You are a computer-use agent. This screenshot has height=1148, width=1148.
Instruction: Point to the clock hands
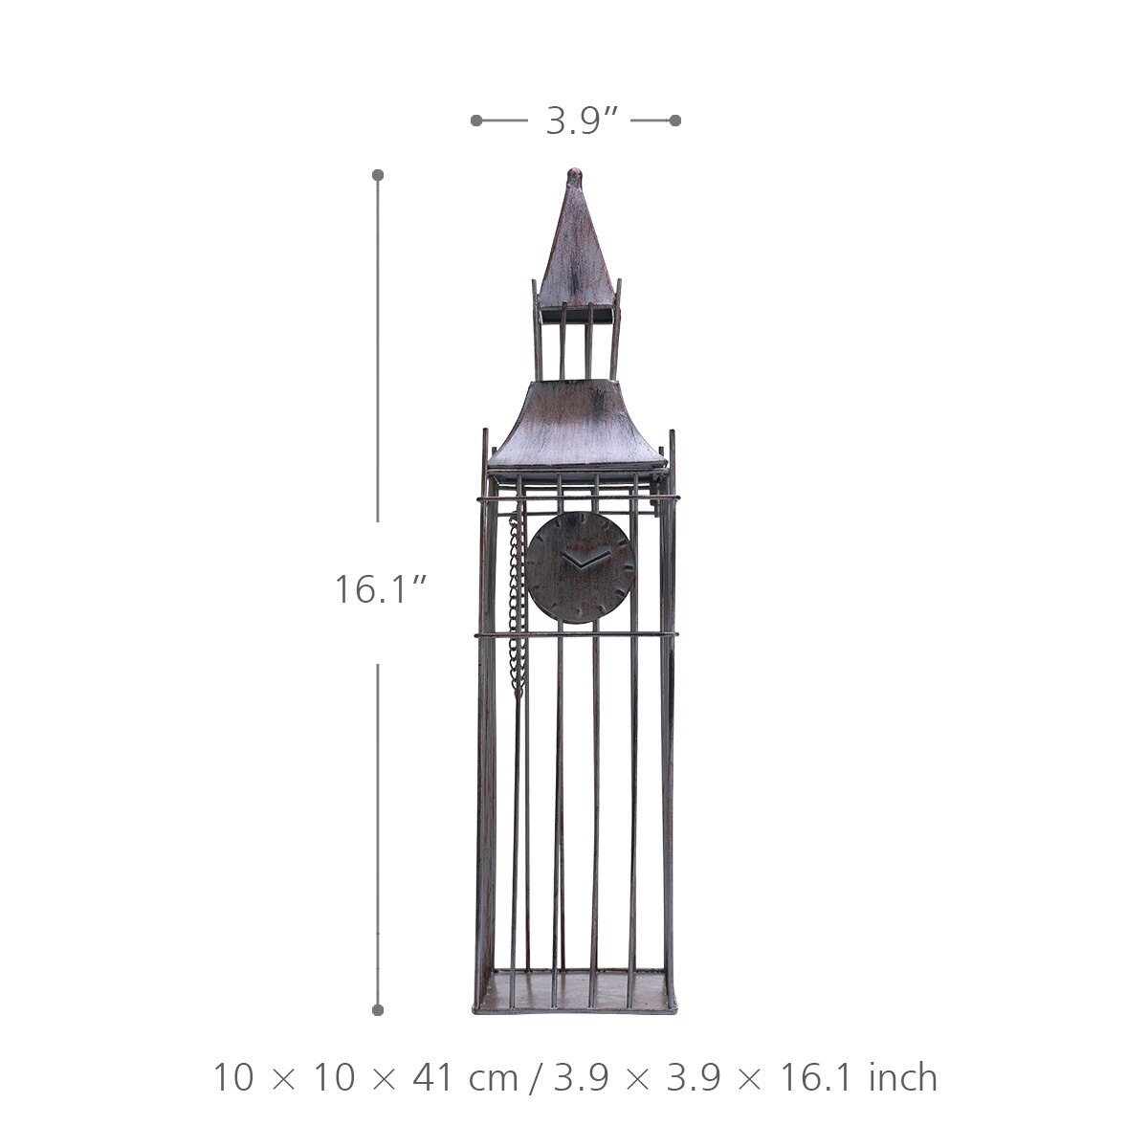point(584,560)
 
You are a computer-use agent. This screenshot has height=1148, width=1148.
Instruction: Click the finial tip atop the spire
point(574,174)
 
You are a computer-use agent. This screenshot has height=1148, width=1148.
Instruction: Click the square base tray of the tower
point(575,995)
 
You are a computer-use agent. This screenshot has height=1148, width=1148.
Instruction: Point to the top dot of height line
point(378,175)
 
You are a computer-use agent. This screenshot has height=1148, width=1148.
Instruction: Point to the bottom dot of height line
point(378,1009)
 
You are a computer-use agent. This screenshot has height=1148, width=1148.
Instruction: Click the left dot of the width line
point(476,121)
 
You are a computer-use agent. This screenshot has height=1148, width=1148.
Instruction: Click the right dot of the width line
point(675,121)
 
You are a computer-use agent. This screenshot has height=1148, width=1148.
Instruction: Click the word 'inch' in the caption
point(903,1077)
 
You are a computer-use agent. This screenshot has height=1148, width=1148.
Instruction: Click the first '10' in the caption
point(232,1077)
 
